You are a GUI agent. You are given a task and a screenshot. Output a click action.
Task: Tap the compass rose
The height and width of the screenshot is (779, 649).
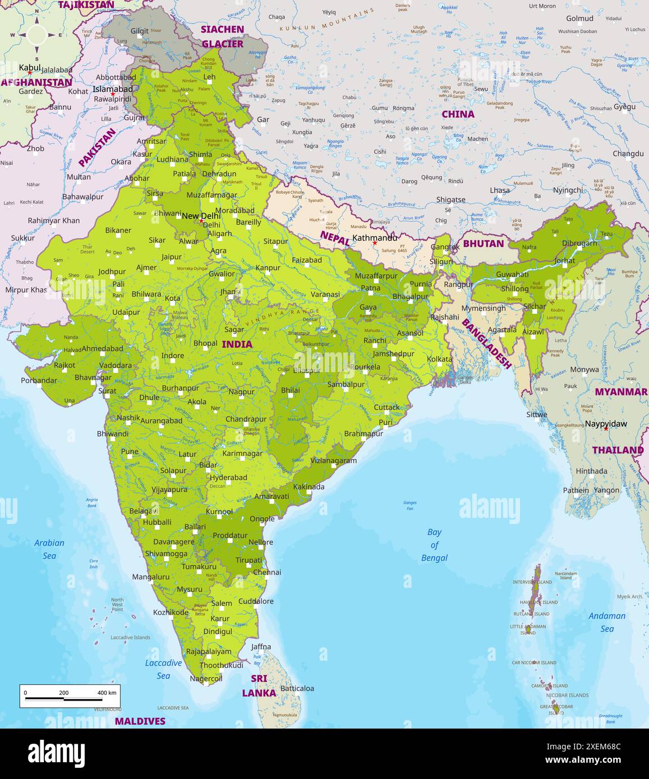click(x=37, y=35)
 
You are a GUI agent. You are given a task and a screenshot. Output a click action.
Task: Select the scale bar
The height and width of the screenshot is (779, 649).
click(x=70, y=695)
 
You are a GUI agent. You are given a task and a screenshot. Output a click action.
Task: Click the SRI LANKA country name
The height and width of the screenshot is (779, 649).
click(x=259, y=685)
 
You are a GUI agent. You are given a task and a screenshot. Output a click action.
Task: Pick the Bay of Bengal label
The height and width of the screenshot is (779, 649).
click(x=434, y=545)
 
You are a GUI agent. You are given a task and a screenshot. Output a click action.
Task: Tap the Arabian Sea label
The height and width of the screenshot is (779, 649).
click(x=49, y=549)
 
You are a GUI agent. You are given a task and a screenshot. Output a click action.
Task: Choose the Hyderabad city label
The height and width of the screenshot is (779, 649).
click(x=228, y=477)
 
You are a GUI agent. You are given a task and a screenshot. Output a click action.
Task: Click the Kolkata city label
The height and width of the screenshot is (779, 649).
click(x=439, y=359)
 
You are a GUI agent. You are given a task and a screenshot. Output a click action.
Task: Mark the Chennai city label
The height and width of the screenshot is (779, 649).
click(x=267, y=572)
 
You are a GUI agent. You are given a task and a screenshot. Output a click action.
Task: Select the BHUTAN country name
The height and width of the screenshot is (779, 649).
click(x=483, y=244)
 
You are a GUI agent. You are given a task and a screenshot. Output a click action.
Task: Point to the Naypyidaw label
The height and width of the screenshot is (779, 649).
click(x=606, y=424)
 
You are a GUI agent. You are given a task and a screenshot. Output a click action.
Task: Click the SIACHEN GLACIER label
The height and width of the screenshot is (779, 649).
click(x=223, y=36)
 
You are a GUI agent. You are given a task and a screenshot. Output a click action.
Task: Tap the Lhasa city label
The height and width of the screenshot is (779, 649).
click(x=500, y=190)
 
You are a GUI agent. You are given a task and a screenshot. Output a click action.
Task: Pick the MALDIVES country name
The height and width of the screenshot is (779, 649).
click(x=140, y=721)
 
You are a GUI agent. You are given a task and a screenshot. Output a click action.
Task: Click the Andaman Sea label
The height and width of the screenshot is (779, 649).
click(x=607, y=622)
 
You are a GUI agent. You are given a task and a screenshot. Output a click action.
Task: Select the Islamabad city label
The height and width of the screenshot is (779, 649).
click(x=113, y=89)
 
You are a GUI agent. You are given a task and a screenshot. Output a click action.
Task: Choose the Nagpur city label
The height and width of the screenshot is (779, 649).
click(x=241, y=391)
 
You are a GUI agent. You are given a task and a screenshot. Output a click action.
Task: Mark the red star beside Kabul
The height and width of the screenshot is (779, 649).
click(x=30, y=73)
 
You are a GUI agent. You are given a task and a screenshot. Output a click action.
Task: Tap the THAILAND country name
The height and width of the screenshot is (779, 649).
click(x=618, y=450)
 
